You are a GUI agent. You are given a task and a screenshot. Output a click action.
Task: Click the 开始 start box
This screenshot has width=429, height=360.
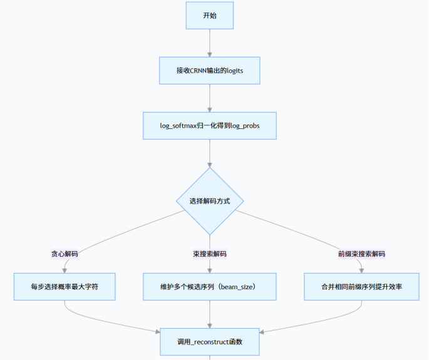(209, 16)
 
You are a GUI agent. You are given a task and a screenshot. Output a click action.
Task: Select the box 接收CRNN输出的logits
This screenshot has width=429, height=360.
(209, 71)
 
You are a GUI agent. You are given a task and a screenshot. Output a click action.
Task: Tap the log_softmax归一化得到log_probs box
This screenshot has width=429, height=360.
(209, 126)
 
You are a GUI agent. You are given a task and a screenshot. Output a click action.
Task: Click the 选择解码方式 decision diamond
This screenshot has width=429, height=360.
(209, 201)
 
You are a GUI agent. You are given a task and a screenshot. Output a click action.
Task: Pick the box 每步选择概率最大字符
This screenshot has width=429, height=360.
(65, 286)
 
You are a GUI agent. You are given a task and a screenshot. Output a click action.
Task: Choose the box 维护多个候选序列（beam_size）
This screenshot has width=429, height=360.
(209, 286)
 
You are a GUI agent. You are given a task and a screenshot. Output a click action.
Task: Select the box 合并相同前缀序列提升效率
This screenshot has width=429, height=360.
(361, 286)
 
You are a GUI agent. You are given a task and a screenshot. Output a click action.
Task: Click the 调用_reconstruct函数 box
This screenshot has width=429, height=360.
(209, 342)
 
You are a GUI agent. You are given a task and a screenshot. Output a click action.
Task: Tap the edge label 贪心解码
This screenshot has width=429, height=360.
(65, 254)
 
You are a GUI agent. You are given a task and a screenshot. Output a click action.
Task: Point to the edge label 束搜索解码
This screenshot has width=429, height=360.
(209, 254)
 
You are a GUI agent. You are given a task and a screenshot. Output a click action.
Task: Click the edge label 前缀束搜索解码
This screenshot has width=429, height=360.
(361, 254)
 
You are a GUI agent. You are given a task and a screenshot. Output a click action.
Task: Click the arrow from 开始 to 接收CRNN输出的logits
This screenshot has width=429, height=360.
(209, 43)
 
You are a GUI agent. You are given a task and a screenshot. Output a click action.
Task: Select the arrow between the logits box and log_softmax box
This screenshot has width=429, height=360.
(209, 98)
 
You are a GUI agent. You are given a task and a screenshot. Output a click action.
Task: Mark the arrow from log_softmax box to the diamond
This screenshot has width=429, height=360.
(209, 153)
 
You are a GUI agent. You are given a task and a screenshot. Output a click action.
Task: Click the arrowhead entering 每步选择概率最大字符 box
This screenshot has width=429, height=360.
(65, 269)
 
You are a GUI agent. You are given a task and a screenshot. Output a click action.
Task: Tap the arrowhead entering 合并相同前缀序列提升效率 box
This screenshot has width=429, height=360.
(361, 269)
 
